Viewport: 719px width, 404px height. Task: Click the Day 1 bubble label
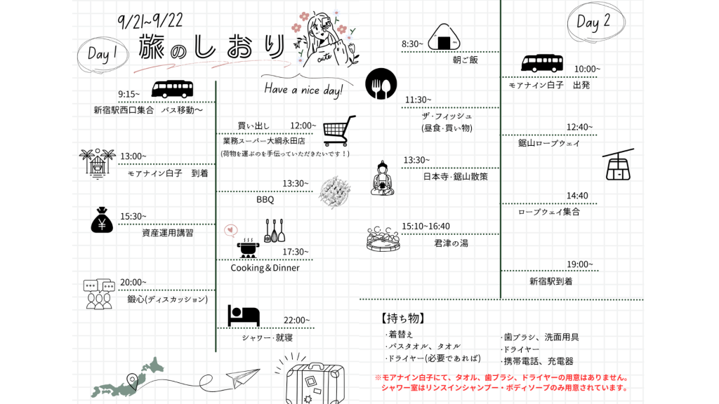(105, 54)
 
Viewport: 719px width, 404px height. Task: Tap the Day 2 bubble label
(593, 22)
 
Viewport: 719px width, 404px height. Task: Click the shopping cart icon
(338, 130)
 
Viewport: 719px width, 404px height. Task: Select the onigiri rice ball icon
(444, 38)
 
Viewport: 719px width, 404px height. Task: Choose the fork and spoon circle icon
(381, 83)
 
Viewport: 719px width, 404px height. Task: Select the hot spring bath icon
(383, 238)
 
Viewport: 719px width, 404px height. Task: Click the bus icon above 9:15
(172, 89)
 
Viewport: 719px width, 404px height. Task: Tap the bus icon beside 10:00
(542, 63)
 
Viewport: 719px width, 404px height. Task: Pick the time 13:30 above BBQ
(296, 184)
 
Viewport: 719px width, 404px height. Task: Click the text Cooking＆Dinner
(265, 268)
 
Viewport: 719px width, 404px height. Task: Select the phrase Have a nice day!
(303, 90)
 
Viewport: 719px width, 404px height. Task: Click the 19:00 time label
(580, 264)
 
